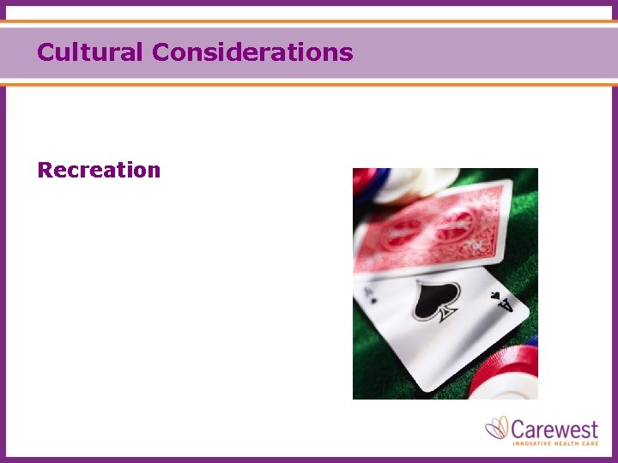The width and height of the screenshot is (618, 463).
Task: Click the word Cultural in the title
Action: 90,52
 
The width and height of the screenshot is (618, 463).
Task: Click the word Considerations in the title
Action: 252,52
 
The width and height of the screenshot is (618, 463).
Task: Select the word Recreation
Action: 99,170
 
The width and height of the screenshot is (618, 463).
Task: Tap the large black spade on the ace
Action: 436,303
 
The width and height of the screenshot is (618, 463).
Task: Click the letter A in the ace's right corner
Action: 506,304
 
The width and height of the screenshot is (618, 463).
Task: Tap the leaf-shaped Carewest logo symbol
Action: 497,427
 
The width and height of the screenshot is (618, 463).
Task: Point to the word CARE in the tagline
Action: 590,443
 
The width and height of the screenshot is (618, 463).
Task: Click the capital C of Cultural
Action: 45,52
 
